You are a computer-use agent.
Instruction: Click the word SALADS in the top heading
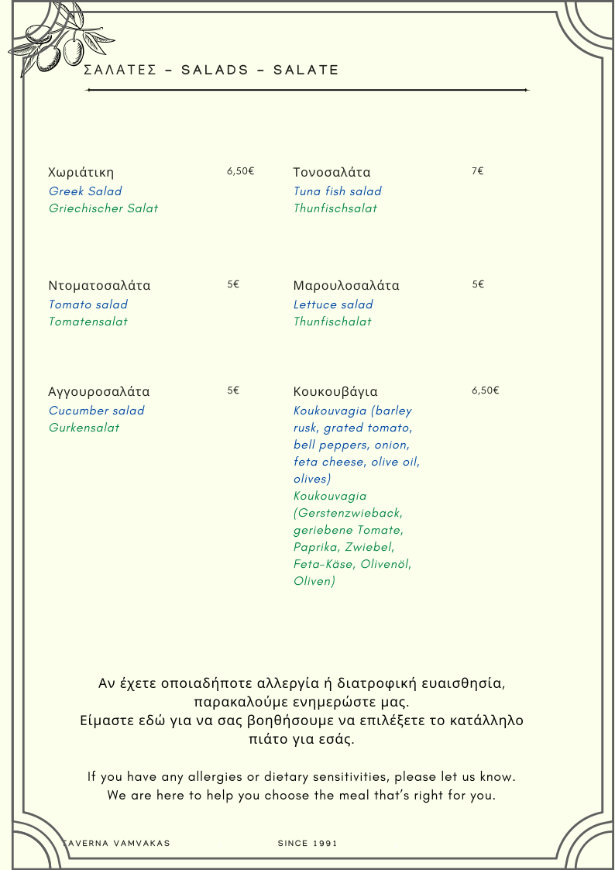click(x=215, y=70)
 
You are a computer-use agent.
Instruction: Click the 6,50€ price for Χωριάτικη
click(x=240, y=171)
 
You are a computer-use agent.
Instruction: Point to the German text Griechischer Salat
click(x=103, y=208)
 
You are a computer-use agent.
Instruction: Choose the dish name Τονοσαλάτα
click(x=332, y=172)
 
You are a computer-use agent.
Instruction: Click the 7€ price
click(x=477, y=171)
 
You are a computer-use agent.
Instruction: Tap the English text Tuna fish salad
click(x=337, y=191)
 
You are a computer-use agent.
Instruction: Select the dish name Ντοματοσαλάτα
click(x=99, y=285)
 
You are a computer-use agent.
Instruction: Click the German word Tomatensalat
click(x=88, y=322)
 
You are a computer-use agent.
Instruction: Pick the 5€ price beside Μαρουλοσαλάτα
click(x=478, y=284)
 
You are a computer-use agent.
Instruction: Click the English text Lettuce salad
click(x=333, y=304)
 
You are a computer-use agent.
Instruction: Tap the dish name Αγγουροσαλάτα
click(x=99, y=391)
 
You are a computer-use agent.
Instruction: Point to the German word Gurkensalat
click(x=84, y=428)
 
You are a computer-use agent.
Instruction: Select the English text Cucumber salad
click(x=96, y=411)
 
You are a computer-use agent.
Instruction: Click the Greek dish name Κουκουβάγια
click(x=335, y=391)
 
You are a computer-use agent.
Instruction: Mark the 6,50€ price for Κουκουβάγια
click(x=485, y=390)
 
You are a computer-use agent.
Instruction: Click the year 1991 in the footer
click(x=326, y=843)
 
